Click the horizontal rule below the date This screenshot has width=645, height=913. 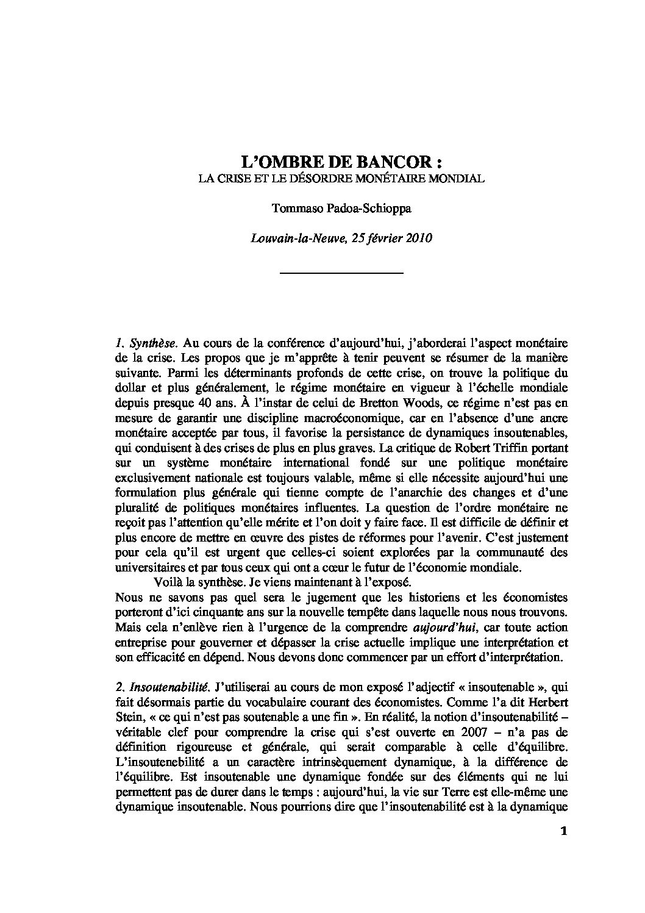coord(341,272)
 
